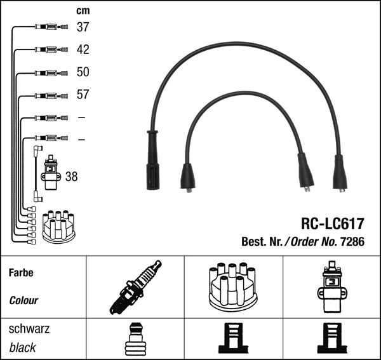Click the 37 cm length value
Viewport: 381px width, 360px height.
[83, 27]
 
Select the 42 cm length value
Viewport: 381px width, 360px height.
[83, 50]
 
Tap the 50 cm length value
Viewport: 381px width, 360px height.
[83, 72]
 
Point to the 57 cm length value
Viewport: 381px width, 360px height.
[83, 95]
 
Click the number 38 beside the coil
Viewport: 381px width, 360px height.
[71, 177]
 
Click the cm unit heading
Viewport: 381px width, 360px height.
[83, 11]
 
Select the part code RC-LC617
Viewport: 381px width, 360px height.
[332, 224]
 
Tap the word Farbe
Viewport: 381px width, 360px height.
[22, 273]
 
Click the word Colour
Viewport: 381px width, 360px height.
[24, 300]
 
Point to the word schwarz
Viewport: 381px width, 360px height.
[29, 330]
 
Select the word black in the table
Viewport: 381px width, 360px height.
[23, 348]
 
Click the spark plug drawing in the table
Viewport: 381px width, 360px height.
[135, 287]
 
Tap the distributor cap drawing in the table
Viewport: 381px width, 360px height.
[232, 287]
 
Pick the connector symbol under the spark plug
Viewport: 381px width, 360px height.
[135, 338]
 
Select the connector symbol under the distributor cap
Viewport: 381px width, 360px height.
[232, 338]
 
